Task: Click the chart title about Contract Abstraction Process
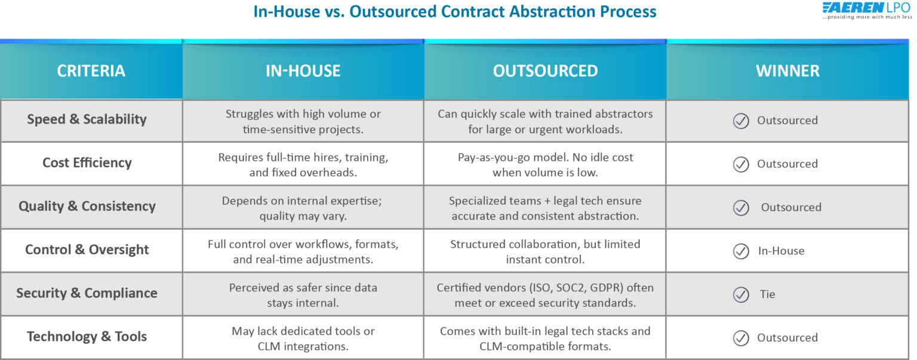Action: [455, 11]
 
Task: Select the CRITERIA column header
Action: [91, 71]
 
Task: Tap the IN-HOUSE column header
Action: [303, 71]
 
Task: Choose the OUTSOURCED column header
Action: [545, 71]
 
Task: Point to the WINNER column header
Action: [787, 71]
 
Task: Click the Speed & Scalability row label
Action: [87, 119]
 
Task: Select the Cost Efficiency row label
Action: [87, 163]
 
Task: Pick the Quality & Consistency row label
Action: [87, 207]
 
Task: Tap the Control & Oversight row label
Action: [87, 250]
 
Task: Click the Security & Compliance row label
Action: [87, 293]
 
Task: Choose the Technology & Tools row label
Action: [87, 337]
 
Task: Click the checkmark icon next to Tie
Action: [741, 294]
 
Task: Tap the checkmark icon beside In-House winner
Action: [741, 251]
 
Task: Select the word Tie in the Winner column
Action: [767, 294]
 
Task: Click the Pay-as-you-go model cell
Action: [545, 165]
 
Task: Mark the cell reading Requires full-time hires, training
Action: [303, 165]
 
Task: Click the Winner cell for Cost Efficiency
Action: [787, 164]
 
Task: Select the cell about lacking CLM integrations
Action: [303, 339]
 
